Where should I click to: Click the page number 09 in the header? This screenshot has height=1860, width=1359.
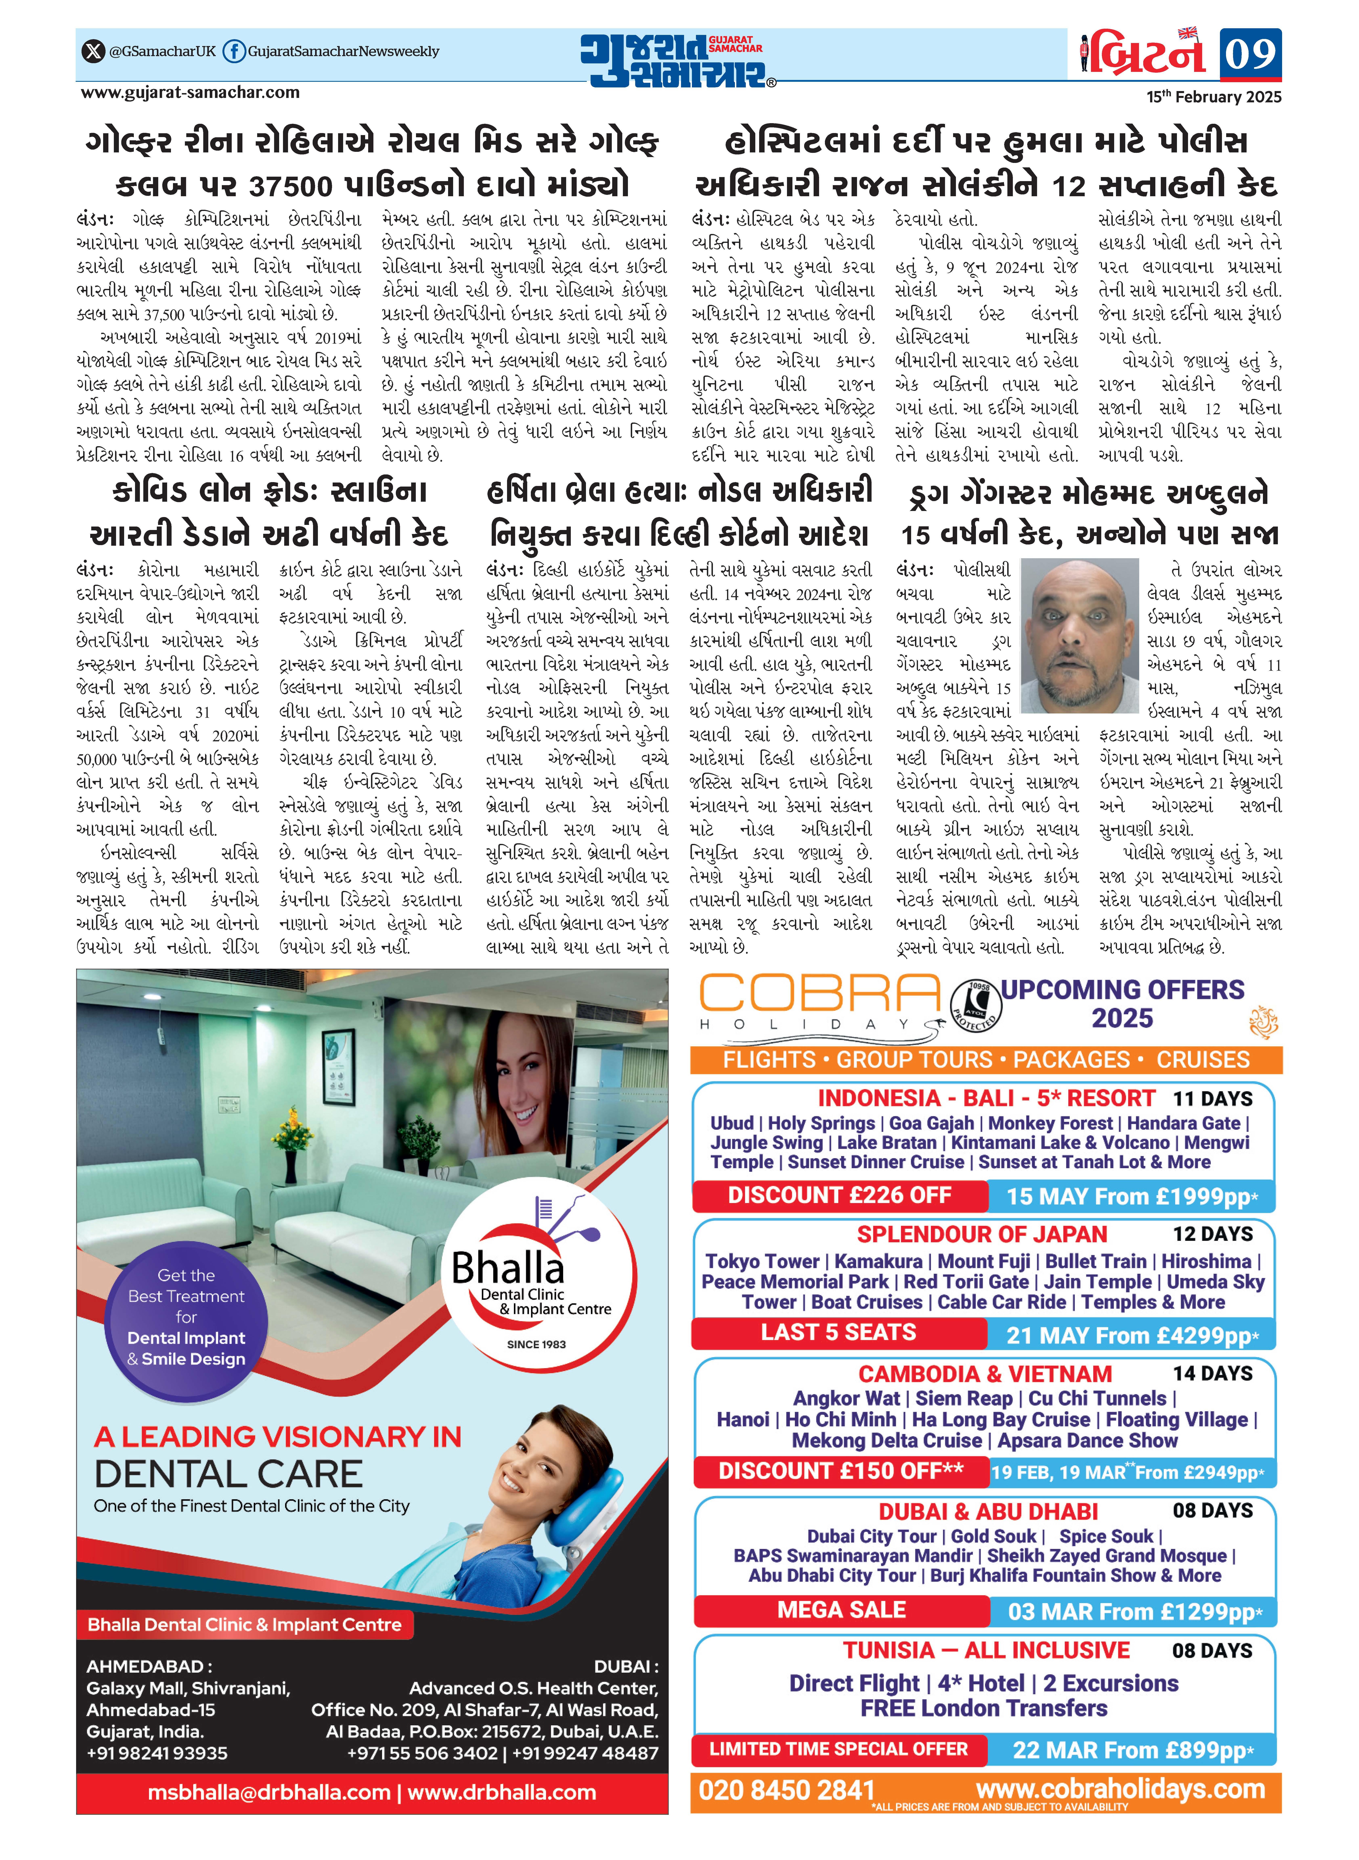click(1250, 54)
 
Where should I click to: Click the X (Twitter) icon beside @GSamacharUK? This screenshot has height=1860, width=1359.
click(93, 51)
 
